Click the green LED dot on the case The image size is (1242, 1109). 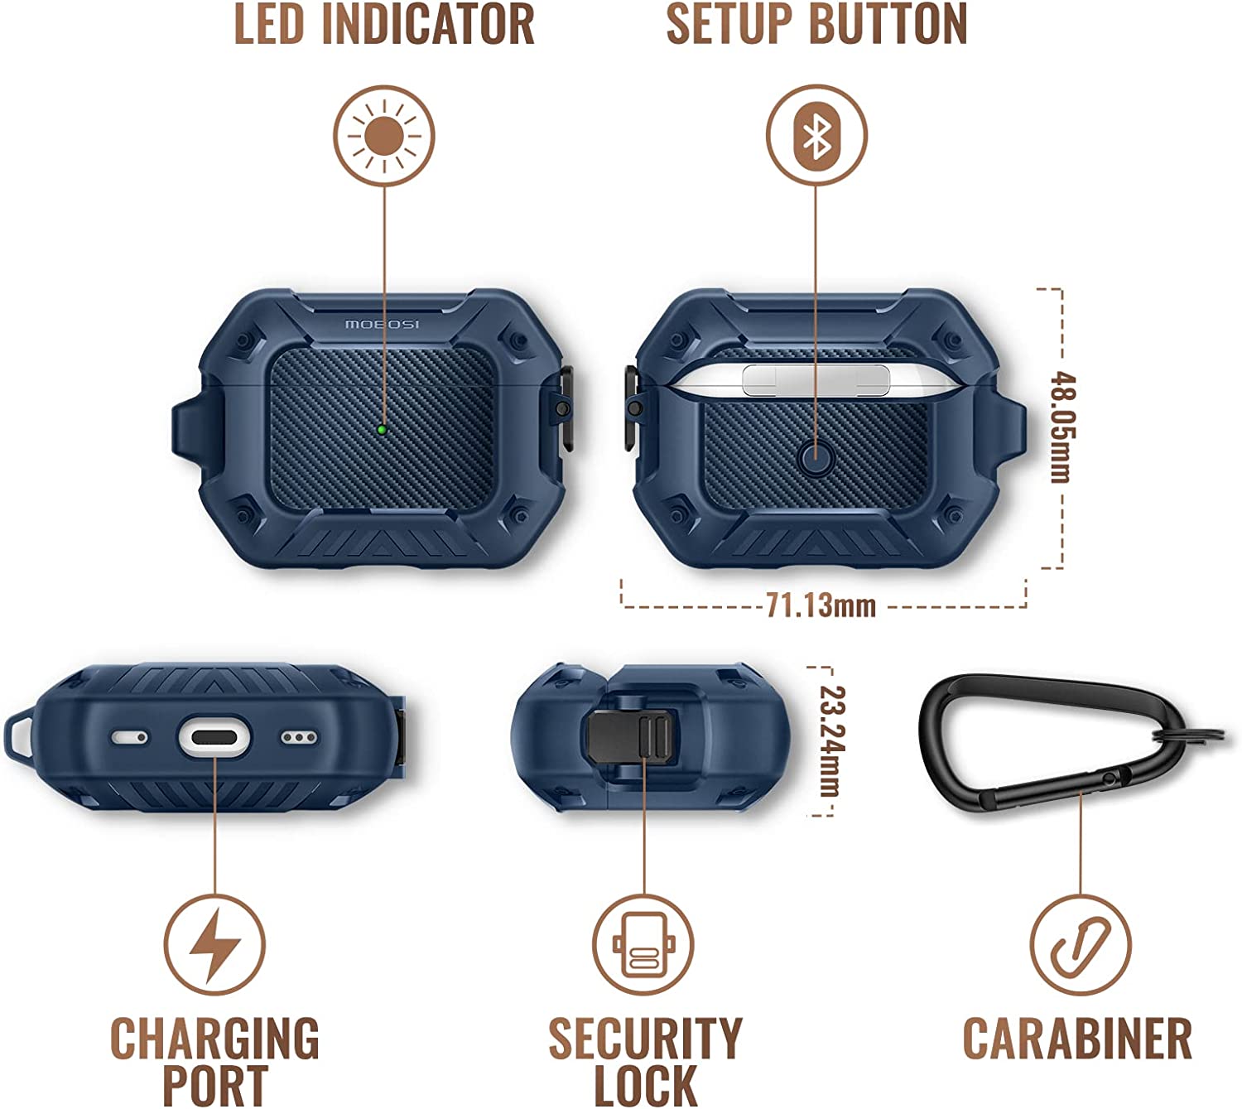click(382, 429)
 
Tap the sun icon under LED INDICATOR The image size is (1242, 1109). click(384, 136)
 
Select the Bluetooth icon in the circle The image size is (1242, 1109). click(816, 136)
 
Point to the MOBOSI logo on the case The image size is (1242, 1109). click(382, 323)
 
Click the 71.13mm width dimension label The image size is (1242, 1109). click(821, 605)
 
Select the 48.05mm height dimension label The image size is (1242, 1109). click(1062, 427)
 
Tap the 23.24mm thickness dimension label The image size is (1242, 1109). click(832, 740)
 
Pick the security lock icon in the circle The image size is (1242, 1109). click(643, 945)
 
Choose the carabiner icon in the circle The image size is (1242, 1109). click(1081, 945)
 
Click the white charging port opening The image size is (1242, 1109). click(214, 736)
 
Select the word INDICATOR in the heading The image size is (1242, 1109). click(428, 24)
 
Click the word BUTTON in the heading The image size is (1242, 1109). click(888, 24)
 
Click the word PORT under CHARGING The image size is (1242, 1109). click(215, 1085)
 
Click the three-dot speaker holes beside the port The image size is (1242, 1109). click(299, 736)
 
